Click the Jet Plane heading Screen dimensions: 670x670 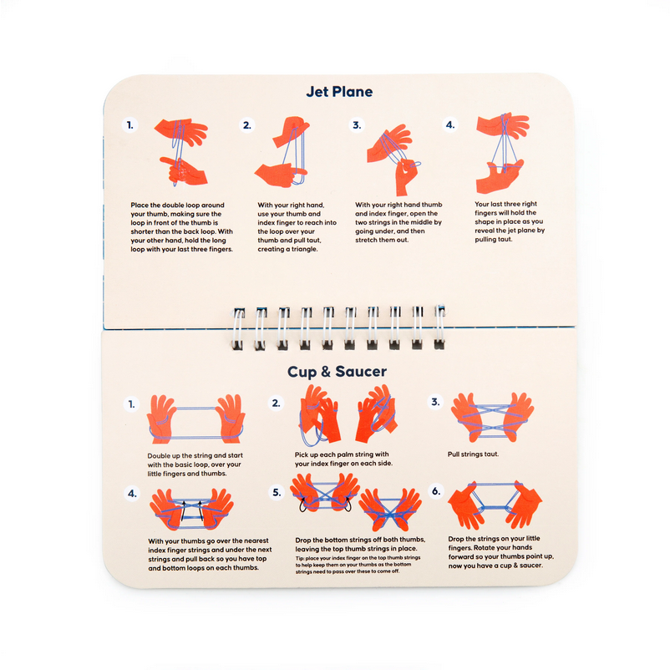click(x=339, y=91)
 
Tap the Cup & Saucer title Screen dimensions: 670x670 click(x=337, y=371)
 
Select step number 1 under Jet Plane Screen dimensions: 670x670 click(x=129, y=125)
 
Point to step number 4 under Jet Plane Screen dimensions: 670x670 click(x=450, y=124)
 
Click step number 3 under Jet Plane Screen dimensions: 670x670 click(x=357, y=125)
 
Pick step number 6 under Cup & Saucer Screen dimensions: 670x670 click(x=436, y=491)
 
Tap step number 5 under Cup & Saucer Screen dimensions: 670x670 click(x=277, y=492)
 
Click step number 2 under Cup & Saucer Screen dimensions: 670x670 click(x=276, y=403)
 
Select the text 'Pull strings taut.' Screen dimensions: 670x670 click(x=473, y=454)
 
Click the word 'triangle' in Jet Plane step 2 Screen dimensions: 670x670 click(x=304, y=249)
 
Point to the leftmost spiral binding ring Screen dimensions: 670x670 click(x=238, y=328)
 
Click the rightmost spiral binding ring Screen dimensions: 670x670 click(x=439, y=327)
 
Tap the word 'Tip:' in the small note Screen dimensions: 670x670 click(x=300, y=558)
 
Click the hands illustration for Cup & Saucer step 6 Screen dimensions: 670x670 click(x=495, y=505)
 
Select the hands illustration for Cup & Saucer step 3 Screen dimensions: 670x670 click(x=493, y=417)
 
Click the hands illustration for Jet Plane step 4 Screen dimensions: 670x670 click(x=503, y=153)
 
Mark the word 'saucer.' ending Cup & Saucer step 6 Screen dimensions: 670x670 click(x=531, y=566)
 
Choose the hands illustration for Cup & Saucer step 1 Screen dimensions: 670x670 click(x=195, y=419)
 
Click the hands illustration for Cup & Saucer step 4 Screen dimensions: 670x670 click(x=191, y=510)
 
